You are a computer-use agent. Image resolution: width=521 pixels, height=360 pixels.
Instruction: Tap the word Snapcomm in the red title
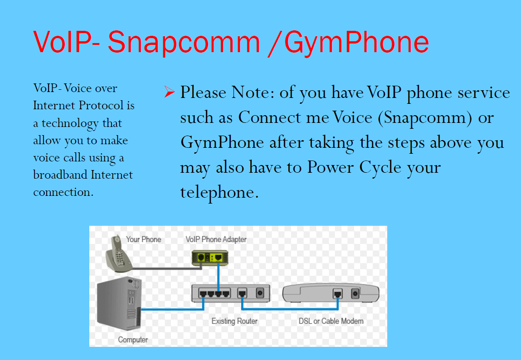click(184, 43)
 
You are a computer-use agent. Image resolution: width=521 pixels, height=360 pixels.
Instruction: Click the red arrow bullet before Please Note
click(170, 92)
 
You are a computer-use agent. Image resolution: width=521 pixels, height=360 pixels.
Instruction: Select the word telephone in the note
click(219, 193)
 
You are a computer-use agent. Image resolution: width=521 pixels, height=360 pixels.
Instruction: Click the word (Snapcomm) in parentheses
click(425, 118)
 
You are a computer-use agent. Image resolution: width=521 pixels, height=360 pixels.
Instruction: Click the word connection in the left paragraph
click(63, 192)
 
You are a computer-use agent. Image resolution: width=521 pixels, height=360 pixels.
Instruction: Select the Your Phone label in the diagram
click(143, 239)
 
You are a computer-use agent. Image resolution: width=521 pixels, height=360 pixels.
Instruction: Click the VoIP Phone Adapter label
click(216, 239)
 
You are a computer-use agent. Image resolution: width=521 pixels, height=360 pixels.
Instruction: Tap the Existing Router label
click(234, 321)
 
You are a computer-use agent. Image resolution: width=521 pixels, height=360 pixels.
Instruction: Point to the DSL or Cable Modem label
click(331, 321)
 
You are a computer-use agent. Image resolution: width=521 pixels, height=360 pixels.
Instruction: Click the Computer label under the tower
click(133, 340)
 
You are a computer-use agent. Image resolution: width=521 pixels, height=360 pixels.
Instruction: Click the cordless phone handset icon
click(119, 253)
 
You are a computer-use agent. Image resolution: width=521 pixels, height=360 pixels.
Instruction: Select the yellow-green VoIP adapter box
click(210, 258)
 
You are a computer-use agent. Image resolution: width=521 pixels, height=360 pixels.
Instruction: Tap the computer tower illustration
click(119, 303)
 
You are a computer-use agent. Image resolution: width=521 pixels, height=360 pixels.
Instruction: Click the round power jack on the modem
click(355, 294)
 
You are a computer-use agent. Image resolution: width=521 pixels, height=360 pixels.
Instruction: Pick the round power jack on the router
click(260, 292)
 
